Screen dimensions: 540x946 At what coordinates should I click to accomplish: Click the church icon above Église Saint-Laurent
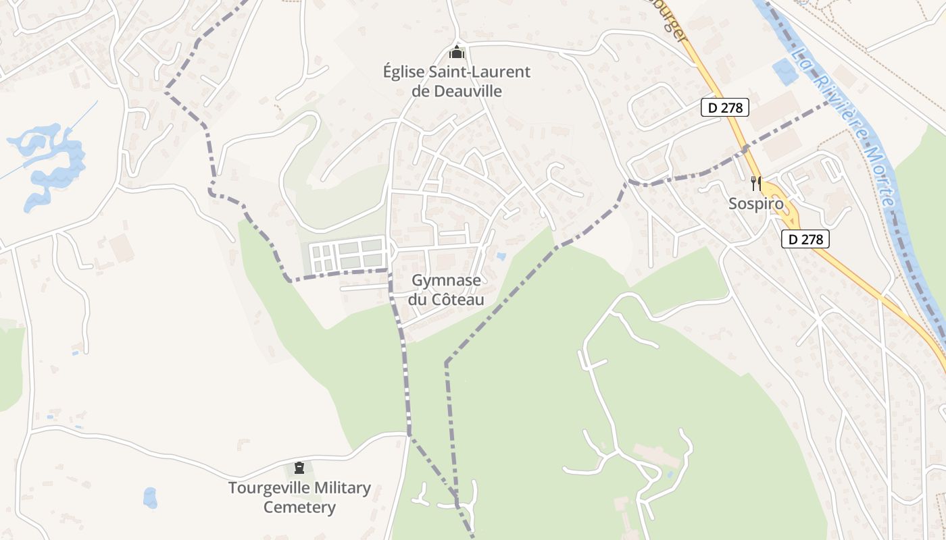[457, 52]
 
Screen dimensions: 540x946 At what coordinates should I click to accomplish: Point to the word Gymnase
[446, 281]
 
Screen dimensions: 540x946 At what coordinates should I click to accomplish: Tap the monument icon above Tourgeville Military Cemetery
[299, 467]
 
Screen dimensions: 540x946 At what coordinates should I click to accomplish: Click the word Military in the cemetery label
[343, 488]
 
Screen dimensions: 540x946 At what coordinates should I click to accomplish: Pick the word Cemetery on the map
[299, 507]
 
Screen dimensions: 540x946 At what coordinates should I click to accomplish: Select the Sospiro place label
[755, 203]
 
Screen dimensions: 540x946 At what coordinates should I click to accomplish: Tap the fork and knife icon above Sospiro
[755, 183]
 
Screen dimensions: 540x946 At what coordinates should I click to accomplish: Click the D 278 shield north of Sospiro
[724, 107]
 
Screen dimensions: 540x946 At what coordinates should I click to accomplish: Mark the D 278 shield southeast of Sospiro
[805, 238]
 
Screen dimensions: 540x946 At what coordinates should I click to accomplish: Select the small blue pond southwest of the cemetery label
[150, 498]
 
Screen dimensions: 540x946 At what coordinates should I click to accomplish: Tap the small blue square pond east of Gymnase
[500, 256]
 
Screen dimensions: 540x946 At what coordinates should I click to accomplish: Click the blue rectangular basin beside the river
[785, 72]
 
